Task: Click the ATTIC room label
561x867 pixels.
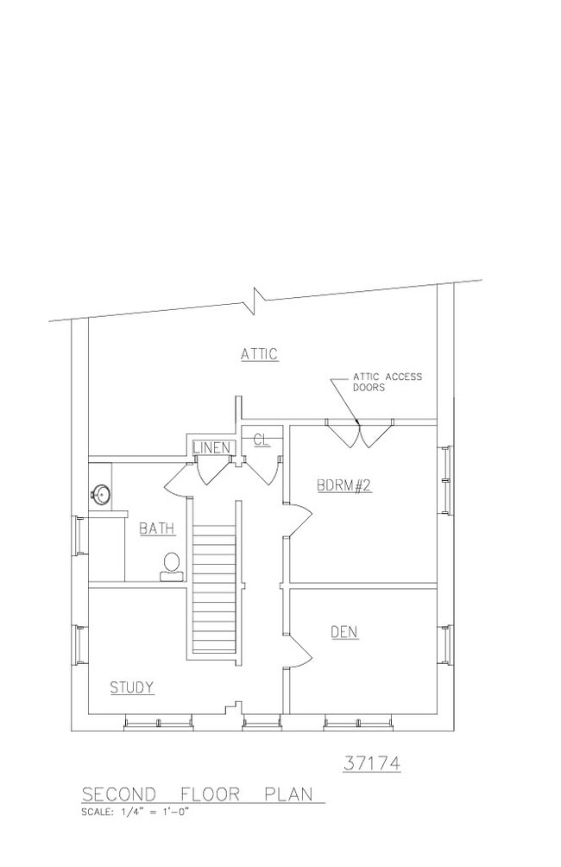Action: [x=259, y=354]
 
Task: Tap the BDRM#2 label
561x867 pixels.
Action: [x=344, y=485]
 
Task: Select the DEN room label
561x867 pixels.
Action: [x=344, y=631]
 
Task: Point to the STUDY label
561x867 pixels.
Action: [x=131, y=687]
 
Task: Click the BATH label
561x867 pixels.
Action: [x=157, y=528]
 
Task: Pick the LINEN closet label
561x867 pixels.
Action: [x=211, y=447]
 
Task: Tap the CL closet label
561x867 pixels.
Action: [x=261, y=440]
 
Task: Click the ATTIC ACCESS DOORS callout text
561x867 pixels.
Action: [x=387, y=382]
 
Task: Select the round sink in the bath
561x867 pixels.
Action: [x=101, y=492]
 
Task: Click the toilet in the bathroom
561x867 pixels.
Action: [x=172, y=566]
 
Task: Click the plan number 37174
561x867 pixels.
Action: [x=372, y=763]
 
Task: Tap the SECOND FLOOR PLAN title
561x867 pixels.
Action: [x=198, y=794]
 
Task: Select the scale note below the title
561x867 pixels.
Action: [x=135, y=813]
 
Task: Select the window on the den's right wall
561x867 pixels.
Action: [x=445, y=644]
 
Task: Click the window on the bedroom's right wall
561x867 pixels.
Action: [x=445, y=480]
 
